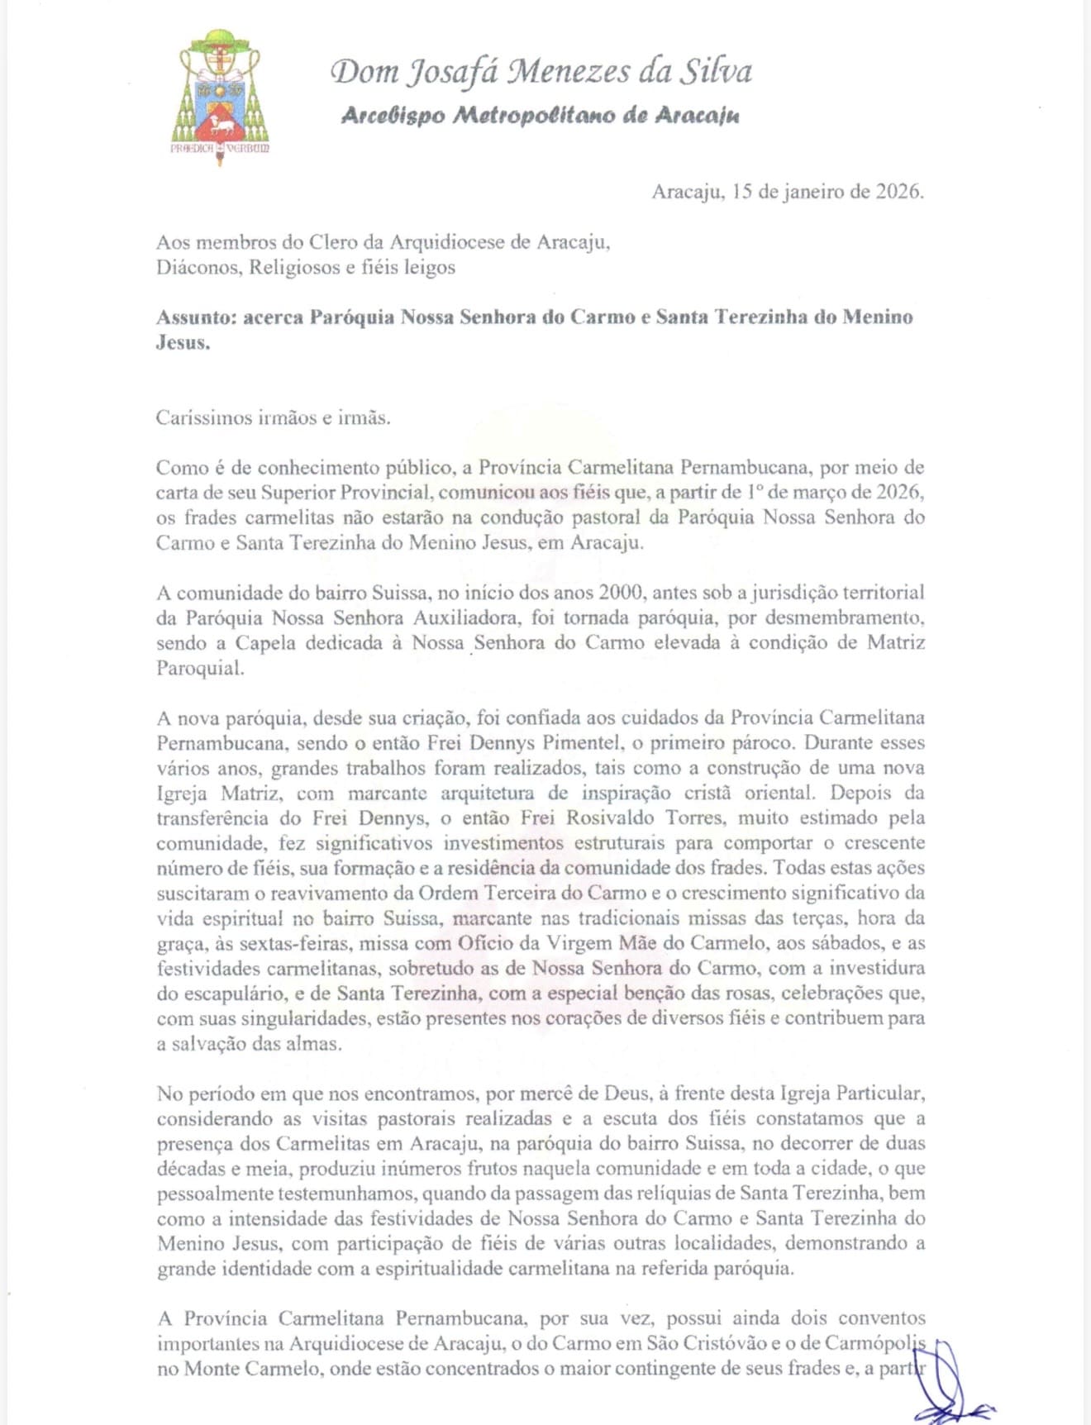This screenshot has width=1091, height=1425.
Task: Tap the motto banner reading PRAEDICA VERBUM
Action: (220, 149)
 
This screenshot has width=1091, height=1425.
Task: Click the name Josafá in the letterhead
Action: (454, 72)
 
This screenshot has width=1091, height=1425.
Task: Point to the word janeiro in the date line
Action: (815, 192)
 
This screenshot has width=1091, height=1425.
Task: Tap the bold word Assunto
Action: (196, 317)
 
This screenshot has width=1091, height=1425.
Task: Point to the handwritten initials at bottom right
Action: (950, 1389)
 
